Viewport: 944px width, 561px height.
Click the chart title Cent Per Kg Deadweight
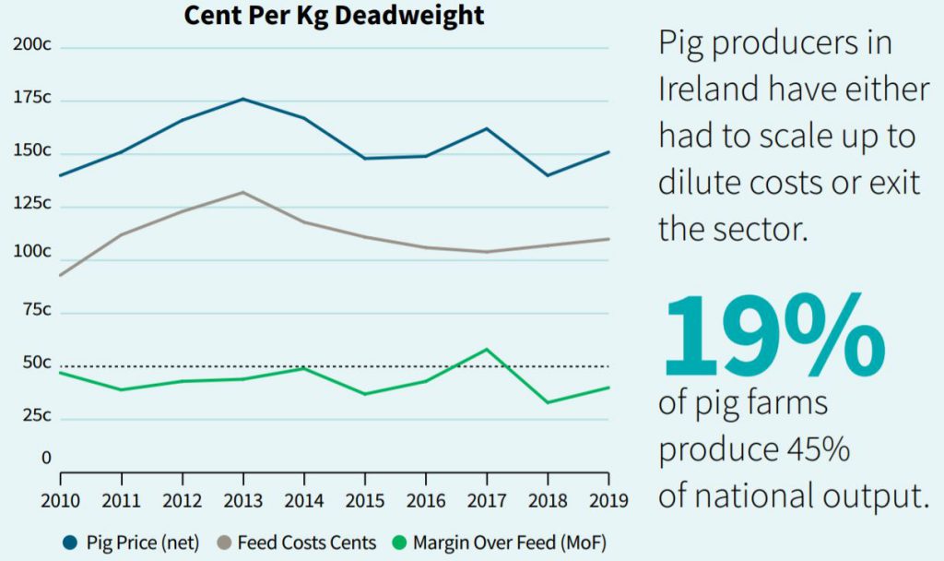pyautogui.click(x=334, y=16)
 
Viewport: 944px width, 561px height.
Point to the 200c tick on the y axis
pyautogui.click(x=30, y=45)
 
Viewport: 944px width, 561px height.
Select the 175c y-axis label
pyautogui.click(x=30, y=98)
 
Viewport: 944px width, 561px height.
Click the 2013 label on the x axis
pyautogui.click(x=243, y=501)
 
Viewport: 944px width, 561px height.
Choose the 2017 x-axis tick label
pyautogui.click(x=487, y=501)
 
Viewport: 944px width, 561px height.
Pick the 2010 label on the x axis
pyautogui.click(x=61, y=501)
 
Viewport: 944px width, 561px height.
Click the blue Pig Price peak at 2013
pyautogui.click(x=243, y=99)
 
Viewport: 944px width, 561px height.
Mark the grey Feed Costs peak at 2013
pyautogui.click(x=243, y=192)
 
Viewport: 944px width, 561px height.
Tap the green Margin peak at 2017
pyautogui.click(x=487, y=349)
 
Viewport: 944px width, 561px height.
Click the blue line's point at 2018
pyautogui.click(x=548, y=175)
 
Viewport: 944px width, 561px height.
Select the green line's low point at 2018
pyautogui.click(x=548, y=402)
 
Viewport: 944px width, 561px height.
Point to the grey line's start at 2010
pyautogui.click(x=61, y=275)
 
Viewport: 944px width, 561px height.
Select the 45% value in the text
pyautogui.click(x=810, y=449)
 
